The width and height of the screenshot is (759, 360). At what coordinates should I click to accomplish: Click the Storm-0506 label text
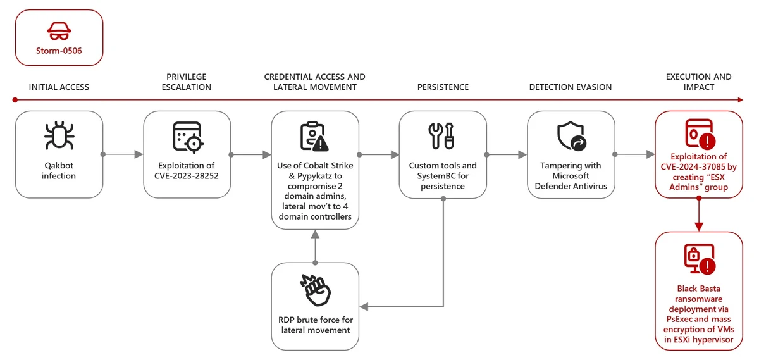click(59, 51)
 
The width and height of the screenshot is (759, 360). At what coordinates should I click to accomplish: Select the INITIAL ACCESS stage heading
click(59, 87)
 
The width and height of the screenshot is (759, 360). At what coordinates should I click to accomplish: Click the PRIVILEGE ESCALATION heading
click(187, 82)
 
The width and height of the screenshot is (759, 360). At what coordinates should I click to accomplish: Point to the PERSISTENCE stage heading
click(443, 87)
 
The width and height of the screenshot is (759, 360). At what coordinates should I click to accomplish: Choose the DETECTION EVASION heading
click(571, 87)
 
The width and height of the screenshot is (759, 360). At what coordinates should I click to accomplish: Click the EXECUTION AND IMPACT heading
click(698, 82)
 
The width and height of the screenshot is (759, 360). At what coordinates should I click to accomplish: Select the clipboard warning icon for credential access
click(314, 136)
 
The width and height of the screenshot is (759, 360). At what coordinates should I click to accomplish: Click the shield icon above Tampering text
click(571, 136)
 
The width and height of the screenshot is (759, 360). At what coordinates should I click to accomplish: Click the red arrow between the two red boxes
click(698, 215)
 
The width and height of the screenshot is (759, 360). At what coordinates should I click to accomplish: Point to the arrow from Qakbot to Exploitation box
click(123, 154)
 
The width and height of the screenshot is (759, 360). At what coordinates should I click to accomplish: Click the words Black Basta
click(698, 289)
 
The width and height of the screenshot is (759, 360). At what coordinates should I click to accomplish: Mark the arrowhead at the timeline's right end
click(741, 100)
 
